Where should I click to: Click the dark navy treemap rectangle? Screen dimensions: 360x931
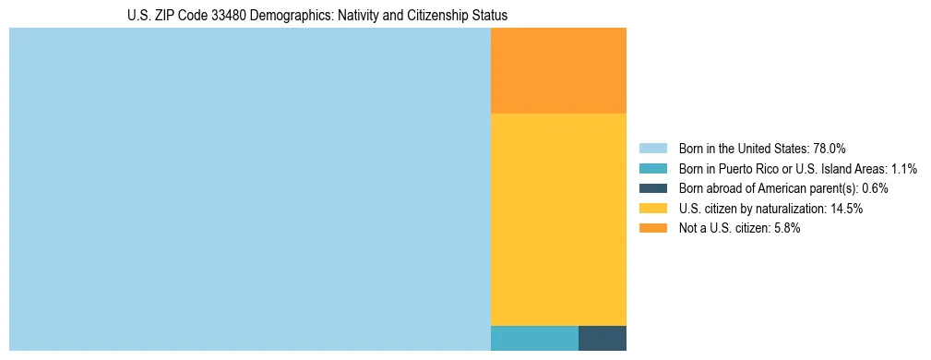(603, 338)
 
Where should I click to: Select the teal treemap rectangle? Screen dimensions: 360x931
(534, 338)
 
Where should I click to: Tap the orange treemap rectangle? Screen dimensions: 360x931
(558, 71)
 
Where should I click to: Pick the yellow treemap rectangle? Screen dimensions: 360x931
(558, 219)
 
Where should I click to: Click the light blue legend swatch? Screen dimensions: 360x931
(652, 149)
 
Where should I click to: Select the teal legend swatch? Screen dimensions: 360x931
(652, 169)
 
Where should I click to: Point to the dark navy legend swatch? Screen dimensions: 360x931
(652, 188)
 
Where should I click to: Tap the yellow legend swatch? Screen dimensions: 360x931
(652, 209)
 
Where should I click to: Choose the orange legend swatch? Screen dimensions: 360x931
(652, 228)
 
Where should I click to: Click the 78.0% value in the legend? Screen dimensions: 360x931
(830, 149)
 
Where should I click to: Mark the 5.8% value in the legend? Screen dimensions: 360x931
(787, 228)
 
